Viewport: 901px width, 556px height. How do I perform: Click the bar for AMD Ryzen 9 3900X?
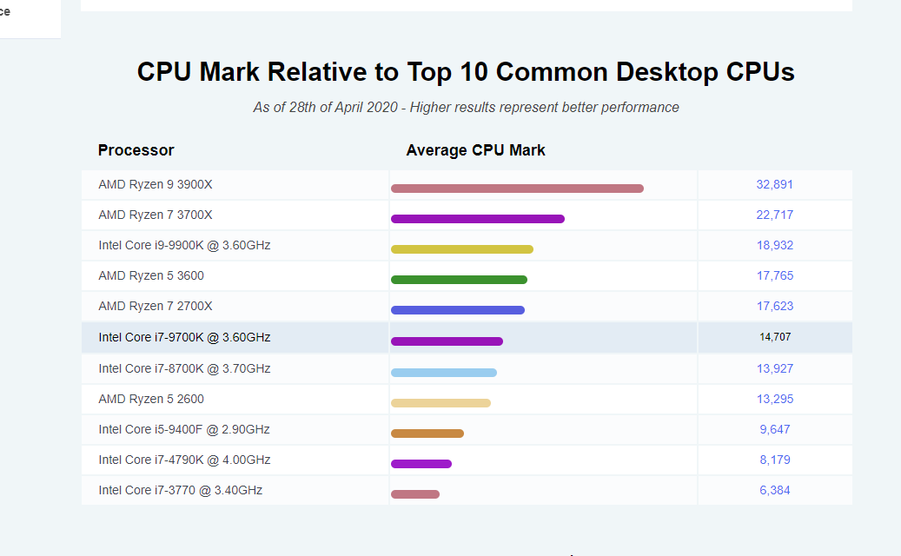tap(517, 189)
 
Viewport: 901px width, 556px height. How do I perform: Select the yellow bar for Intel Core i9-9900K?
tap(462, 249)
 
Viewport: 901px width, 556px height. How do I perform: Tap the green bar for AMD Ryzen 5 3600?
tap(459, 280)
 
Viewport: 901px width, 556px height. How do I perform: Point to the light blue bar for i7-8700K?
tap(444, 373)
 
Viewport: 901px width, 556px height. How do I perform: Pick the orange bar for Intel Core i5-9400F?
tap(427, 434)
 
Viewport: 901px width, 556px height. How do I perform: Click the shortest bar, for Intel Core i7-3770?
tap(415, 494)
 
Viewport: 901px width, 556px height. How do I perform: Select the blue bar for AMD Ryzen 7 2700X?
tap(458, 310)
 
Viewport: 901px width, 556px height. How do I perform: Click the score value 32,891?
tap(775, 184)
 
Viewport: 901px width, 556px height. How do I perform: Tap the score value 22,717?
tap(775, 215)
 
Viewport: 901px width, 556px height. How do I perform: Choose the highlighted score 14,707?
tap(775, 337)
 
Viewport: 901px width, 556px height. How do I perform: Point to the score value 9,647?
tap(775, 429)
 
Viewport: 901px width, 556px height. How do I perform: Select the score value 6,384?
tap(775, 490)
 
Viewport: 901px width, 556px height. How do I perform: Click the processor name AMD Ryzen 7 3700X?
tap(156, 215)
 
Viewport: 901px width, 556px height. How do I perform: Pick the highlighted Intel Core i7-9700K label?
tap(184, 337)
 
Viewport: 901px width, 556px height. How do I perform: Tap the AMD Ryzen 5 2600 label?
tap(151, 399)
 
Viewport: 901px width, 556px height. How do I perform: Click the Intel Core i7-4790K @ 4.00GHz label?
tap(184, 460)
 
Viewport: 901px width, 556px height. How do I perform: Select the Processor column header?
tap(136, 150)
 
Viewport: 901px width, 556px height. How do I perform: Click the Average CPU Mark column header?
tap(476, 150)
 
